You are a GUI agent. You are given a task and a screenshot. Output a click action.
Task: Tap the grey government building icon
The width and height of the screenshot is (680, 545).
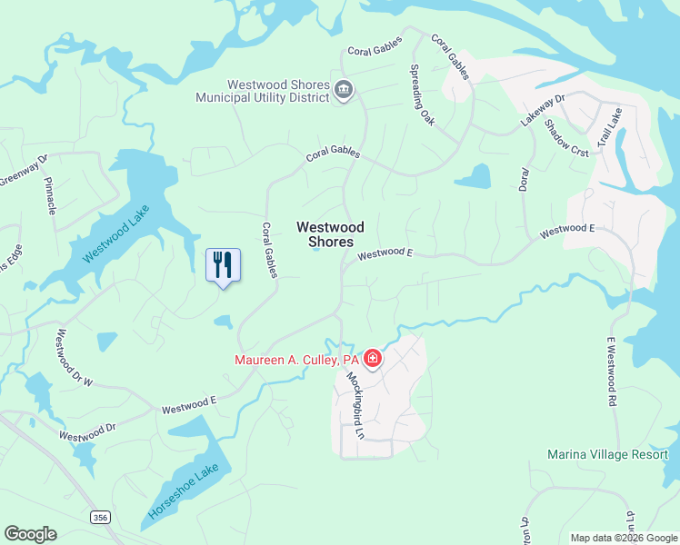point(345,89)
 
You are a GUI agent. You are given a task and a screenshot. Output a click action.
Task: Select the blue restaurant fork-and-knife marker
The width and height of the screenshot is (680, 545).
point(223,265)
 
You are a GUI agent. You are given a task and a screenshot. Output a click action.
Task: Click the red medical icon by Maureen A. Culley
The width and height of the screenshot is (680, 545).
point(372,360)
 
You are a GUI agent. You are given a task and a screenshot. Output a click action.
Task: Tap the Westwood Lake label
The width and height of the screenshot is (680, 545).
point(115,233)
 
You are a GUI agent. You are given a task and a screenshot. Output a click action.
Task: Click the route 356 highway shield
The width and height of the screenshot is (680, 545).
point(99,517)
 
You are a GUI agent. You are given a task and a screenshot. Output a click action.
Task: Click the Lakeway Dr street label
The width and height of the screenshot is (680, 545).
point(543,110)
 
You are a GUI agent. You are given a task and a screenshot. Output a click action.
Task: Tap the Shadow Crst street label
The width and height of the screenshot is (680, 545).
point(567,139)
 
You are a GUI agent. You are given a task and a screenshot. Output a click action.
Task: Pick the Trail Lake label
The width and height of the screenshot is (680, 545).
point(608,128)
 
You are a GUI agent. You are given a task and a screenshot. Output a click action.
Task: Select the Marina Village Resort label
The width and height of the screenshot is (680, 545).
point(607,454)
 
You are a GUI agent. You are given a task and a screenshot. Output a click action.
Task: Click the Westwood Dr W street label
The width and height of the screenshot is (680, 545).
point(75,358)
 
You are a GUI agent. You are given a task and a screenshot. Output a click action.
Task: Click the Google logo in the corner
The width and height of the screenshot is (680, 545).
point(30,533)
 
